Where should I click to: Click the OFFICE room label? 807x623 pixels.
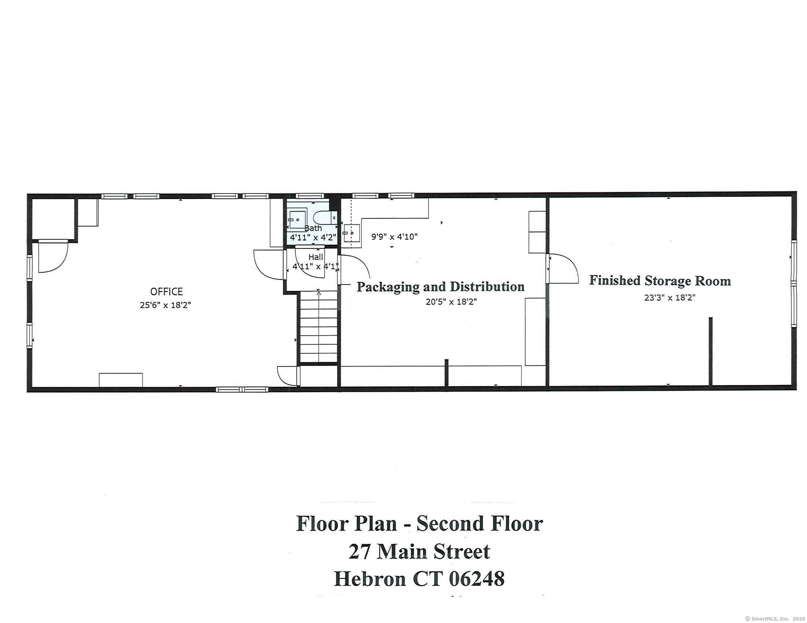(166, 292)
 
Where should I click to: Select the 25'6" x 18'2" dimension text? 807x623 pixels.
(165, 305)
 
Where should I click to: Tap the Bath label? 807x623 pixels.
(313, 228)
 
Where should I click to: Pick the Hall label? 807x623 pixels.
(315, 257)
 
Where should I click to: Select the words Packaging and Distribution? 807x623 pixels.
(440, 287)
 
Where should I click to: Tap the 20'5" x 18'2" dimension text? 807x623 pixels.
(451, 302)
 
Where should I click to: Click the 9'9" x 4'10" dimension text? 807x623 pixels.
(394, 237)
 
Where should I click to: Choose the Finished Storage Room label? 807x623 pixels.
(660, 281)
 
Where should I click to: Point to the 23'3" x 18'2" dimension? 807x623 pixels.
(669, 298)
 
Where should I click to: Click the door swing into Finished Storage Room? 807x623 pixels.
(563, 268)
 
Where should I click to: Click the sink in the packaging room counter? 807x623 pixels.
(351, 233)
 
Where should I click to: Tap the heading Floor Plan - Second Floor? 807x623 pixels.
(419, 524)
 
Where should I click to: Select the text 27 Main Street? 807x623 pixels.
(419, 552)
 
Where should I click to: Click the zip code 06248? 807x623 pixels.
(476, 579)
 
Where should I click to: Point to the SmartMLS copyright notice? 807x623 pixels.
(774, 619)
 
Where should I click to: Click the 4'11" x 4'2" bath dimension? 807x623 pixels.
(313, 238)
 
